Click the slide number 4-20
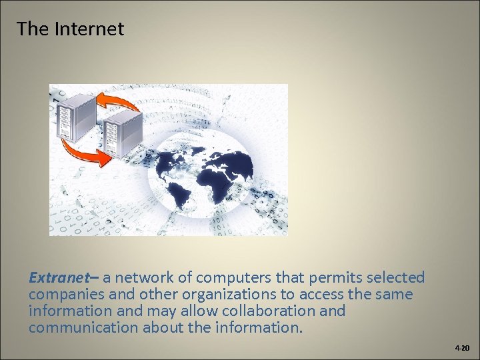462,348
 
